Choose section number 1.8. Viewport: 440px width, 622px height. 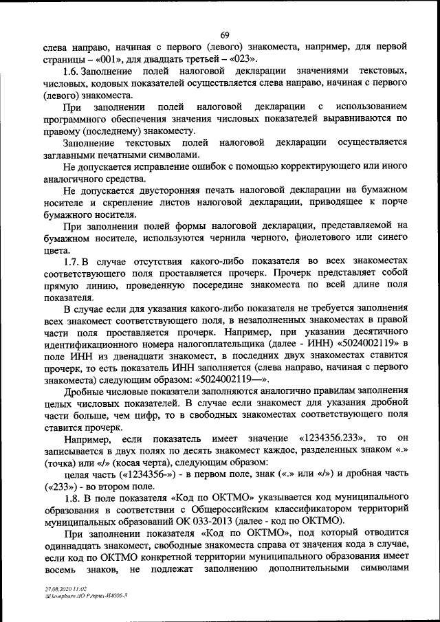(x=72, y=497)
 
